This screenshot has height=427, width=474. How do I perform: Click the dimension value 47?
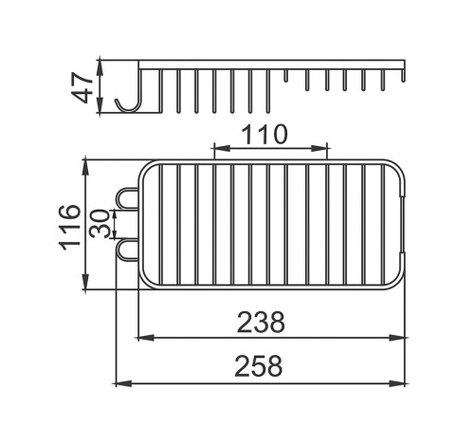pos(82,87)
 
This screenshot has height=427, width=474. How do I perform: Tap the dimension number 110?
pos(264,134)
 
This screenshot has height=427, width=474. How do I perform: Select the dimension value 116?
pos(70,227)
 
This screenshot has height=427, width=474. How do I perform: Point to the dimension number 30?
pos(99,223)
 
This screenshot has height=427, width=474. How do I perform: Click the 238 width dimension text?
pos(261,322)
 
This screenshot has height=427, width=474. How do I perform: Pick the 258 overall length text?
pos(259,366)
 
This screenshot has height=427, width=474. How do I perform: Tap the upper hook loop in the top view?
pos(127,198)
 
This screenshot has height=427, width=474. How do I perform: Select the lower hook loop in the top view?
pos(127,251)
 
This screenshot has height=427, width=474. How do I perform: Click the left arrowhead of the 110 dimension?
pos(222,148)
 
